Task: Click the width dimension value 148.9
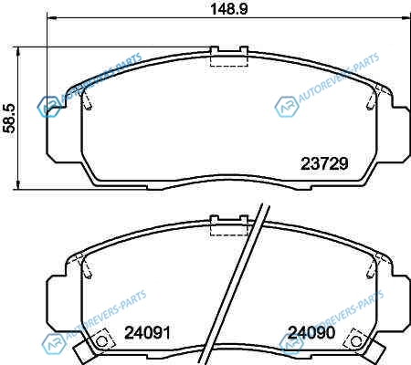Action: pyautogui.click(x=229, y=9)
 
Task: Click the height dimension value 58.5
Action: pyautogui.click(x=9, y=118)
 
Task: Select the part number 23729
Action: pyautogui.click(x=324, y=163)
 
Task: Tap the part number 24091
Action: pyautogui.click(x=147, y=332)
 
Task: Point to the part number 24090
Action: pyautogui.click(x=311, y=332)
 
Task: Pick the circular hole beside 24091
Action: pyautogui.click(x=102, y=341)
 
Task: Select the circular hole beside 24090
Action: pyautogui.click(x=356, y=341)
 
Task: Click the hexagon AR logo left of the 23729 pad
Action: pyautogui.click(x=49, y=107)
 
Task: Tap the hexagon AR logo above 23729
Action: pyautogui.click(x=287, y=107)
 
